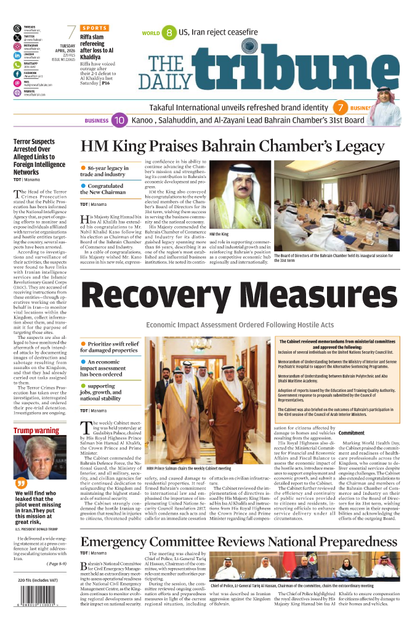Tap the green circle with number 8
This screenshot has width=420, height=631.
[168, 33]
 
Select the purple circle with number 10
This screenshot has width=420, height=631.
[119, 120]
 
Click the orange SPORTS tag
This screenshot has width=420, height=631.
[94, 28]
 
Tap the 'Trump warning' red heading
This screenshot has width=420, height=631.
[36, 430]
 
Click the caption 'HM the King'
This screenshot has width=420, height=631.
[219, 235]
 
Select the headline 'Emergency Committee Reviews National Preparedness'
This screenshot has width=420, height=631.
[239, 542]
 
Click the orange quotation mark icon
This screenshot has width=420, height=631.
[20, 482]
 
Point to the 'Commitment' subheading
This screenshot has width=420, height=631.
[352, 433]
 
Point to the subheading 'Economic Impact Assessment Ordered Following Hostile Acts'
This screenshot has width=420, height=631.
[240, 325]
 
